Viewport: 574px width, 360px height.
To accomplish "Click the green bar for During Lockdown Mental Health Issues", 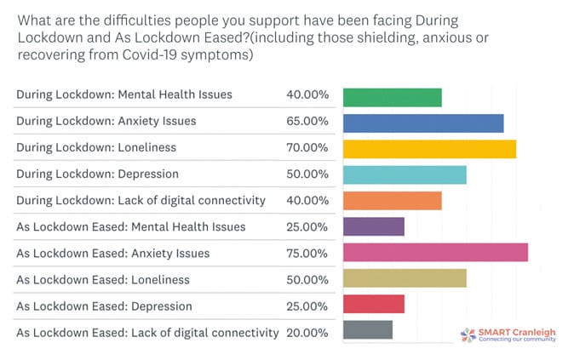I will tap(392, 96).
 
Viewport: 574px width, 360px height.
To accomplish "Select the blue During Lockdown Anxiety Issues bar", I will tap(422, 122).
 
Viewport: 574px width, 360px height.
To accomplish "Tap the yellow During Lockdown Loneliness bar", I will tap(429, 148).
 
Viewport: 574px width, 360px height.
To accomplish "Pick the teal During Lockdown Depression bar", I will tap(405, 174).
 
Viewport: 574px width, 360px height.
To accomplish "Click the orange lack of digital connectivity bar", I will tap(392, 201).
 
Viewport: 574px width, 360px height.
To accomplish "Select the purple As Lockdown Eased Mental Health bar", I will tap(373, 227).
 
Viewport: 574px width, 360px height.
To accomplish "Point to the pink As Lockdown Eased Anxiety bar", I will tap(435, 254).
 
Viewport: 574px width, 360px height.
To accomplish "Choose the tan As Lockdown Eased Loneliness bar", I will tap(405, 280).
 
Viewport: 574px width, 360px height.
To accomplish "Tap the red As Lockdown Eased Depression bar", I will tap(373, 306).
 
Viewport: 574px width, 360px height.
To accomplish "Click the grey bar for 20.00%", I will tap(367, 331).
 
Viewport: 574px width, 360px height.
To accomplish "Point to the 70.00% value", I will tap(307, 148).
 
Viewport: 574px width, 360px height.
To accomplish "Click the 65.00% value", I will tap(307, 122).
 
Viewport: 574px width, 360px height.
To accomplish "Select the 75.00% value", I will tap(307, 254).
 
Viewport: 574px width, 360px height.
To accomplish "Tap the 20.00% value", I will tap(307, 333).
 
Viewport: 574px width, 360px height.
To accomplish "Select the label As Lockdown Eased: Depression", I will tap(104, 306).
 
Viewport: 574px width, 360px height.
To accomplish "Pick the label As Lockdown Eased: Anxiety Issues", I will tap(112, 254).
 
